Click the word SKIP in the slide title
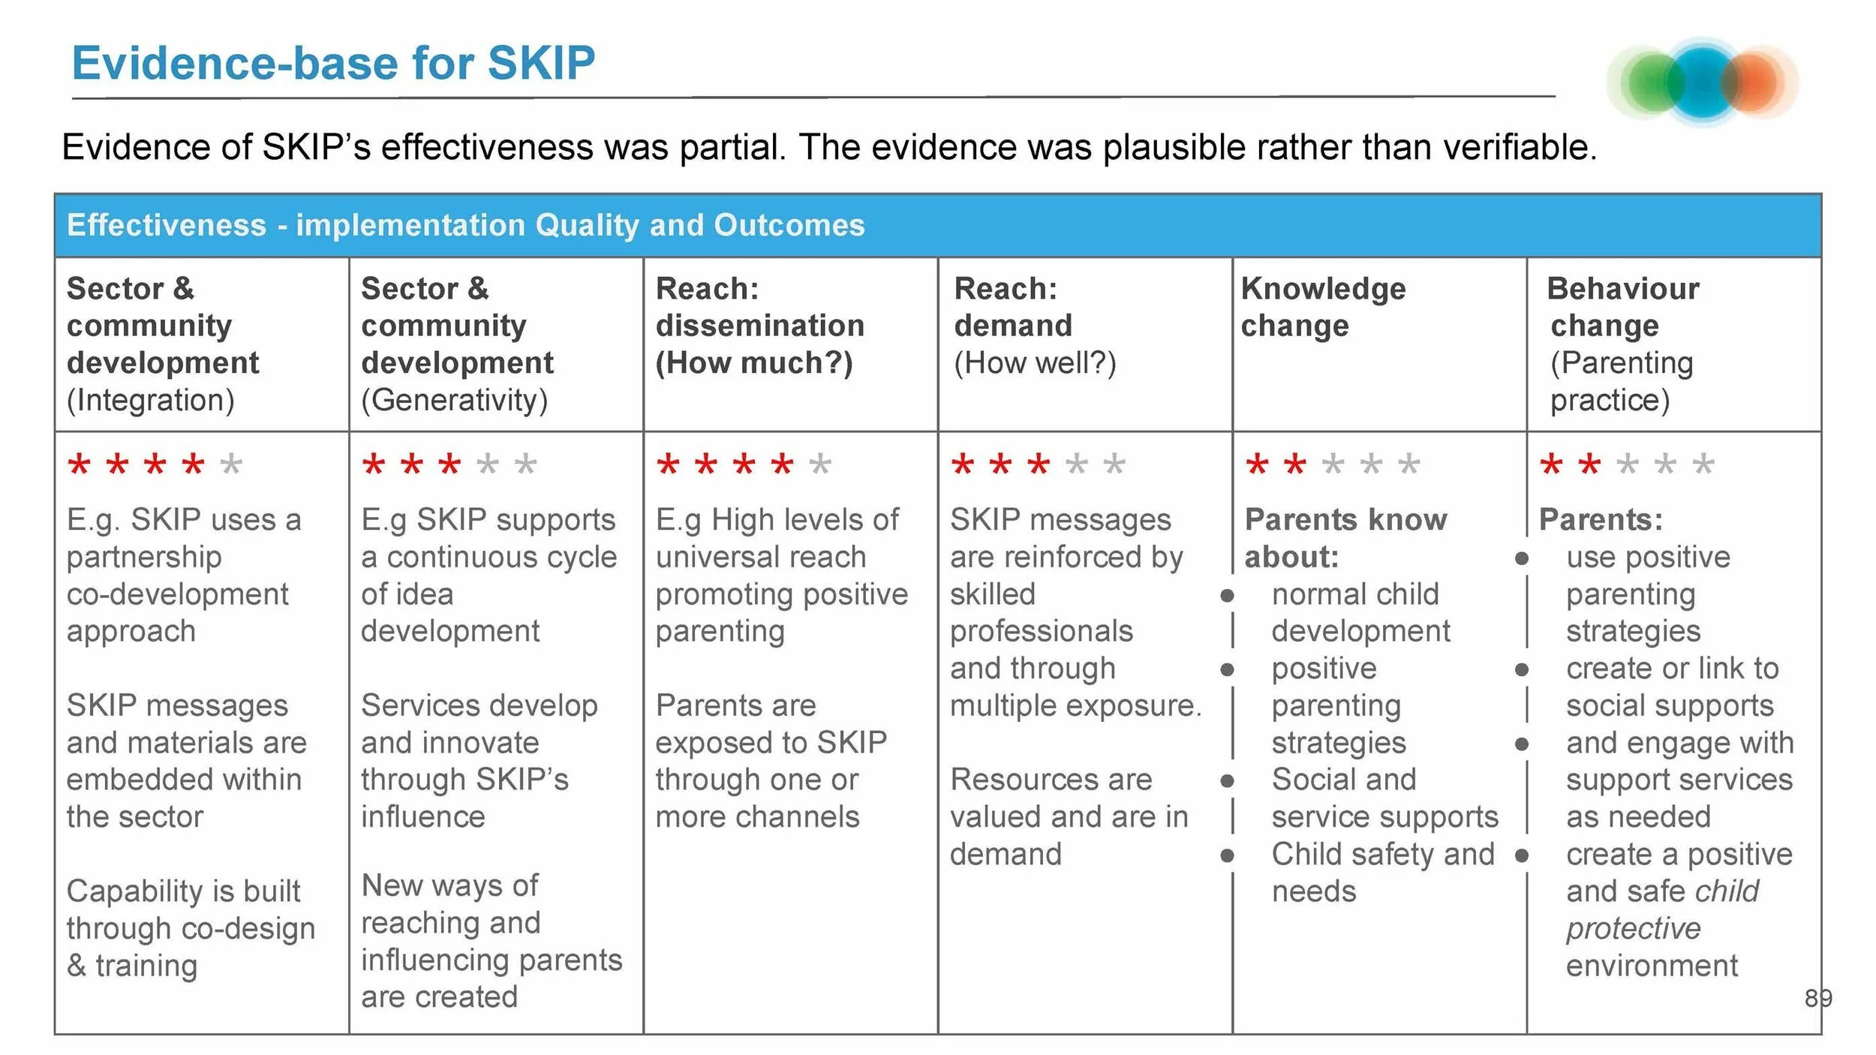click(x=540, y=63)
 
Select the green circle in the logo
click(x=1651, y=83)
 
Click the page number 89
click(x=1818, y=998)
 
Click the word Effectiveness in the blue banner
click(x=167, y=225)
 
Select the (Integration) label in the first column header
click(x=151, y=400)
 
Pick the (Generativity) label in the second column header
click(x=455, y=400)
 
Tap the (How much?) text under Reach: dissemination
click(x=754, y=363)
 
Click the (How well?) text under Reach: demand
click(x=1035, y=363)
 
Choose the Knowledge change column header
click(x=1323, y=307)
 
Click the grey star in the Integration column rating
click(x=231, y=464)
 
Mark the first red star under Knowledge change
click(x=1257, y=464)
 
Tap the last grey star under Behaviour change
click(x=1703, y=464)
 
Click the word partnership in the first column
click(x=144, y=557)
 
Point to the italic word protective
click(x=1633, y=929)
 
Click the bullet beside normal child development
click(x=1227, y=596)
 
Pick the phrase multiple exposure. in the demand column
click(x=1075, y=705)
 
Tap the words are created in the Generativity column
click(x=439, y=996)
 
